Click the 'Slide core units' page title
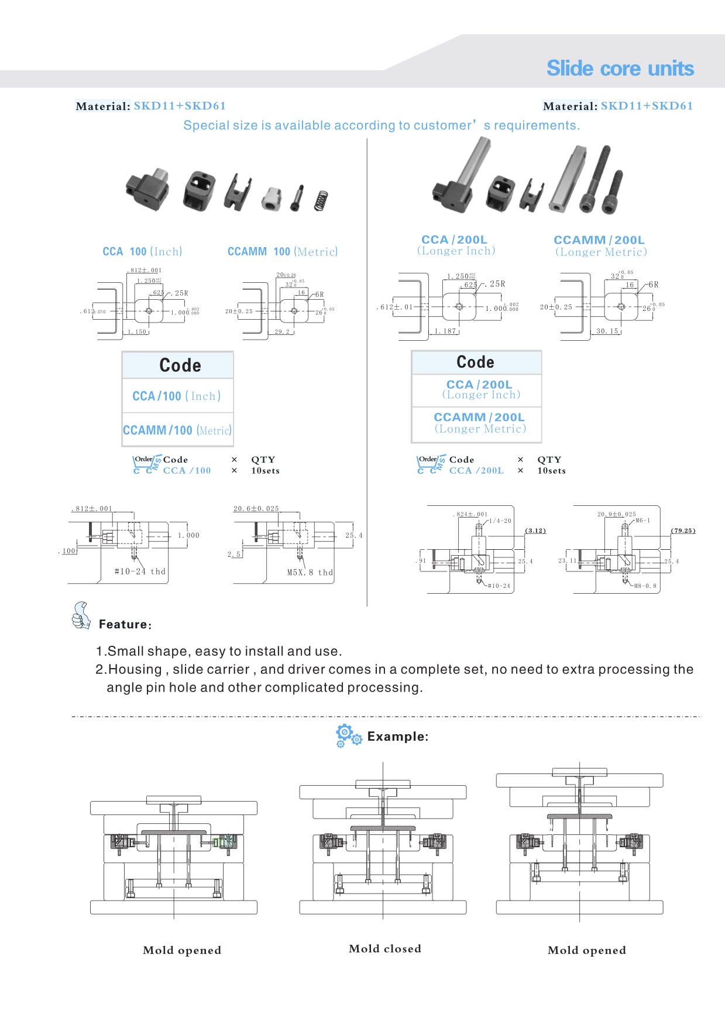[x=620, y=69]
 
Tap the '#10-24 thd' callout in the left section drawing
[x=140, y=571]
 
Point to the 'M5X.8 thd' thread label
[x=310, y=573]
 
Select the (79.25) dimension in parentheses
[x=683, y=530]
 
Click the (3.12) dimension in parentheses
[x=535, y=530]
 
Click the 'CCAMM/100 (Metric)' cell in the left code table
[x=177, y=430]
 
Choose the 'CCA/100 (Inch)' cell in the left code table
[x=177, y=396]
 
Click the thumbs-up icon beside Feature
[x=81, y=616]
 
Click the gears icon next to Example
[x=348, y=735]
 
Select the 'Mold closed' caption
[x=385, y=949]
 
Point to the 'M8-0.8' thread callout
[x=645, y=586]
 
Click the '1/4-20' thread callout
[x=500, y=521]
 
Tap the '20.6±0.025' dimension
[x=256, y=508]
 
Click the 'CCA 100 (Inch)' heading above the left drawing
[x=142, y=252]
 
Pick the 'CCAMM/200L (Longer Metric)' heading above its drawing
[x=600, y=246]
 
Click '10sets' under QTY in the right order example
[x=551, y=471]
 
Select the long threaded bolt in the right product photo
[x=596, y=179]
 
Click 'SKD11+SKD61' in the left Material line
[x=180, y=106]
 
